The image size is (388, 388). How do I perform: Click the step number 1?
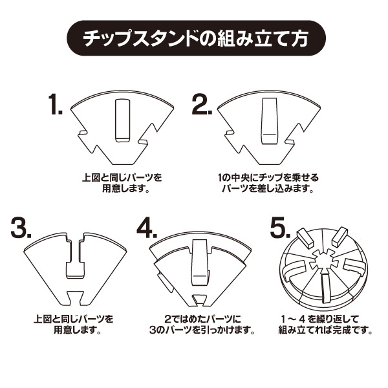point(55,104)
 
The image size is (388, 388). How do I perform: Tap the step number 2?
point(202,104)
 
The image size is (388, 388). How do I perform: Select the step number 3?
point(21,227)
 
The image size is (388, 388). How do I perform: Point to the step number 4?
point(147,227)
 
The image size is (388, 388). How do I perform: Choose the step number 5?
point(280,227)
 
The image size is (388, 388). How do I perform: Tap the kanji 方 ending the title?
point(299,38)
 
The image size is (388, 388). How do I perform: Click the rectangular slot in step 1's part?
point(122,120)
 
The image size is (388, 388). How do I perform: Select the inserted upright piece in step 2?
point(269,120)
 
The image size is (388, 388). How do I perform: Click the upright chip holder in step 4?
point(200,263)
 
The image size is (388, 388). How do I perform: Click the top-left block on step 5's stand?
point(305,237)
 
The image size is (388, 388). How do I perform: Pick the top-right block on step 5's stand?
point(339,237)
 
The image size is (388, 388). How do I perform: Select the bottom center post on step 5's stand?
point(325,287)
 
